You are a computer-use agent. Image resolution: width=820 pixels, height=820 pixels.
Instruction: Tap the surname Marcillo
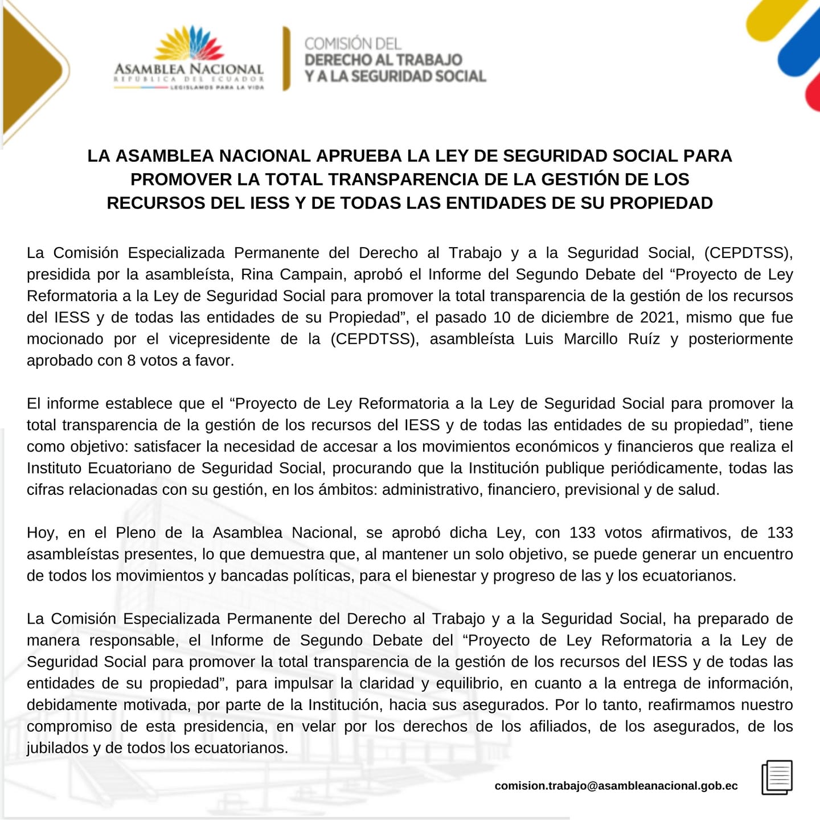coord(591,339)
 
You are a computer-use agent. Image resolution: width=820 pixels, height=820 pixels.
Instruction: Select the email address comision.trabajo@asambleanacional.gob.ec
coord(616,786)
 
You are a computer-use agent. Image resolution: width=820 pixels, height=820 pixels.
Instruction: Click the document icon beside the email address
coord(777,777)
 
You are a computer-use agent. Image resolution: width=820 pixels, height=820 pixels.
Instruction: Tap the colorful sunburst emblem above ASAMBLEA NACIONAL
coord(190,44)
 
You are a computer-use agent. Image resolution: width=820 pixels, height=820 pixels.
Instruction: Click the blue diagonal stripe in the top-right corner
coord(800,57)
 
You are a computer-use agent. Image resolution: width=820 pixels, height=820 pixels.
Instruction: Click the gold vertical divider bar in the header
coord(286,59)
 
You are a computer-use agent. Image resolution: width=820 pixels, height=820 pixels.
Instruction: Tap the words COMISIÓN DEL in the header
coord(352,43)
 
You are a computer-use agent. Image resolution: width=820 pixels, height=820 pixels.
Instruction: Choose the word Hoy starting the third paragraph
coord(42,533)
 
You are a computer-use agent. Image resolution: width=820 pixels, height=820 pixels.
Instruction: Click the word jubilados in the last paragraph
coord(57,748)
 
